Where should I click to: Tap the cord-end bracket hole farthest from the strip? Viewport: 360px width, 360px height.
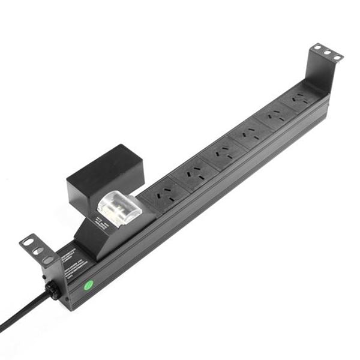click(x=28, y=241)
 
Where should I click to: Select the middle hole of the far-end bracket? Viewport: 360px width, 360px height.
click(x=328, y=52)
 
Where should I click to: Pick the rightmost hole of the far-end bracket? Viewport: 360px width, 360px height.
click(x=337, y=57)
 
